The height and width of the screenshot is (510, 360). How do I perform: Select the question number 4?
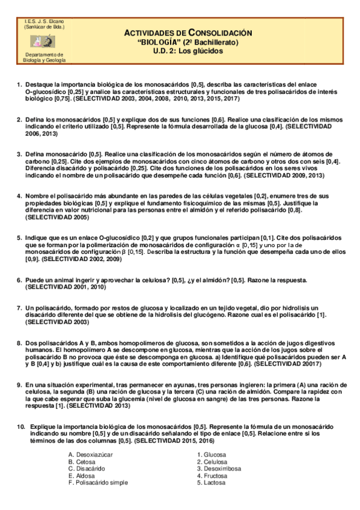(x=19, y=196)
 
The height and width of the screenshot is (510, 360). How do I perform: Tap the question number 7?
(x=19, y=308)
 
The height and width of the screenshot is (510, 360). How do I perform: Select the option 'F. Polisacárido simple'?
(x=98, y=483)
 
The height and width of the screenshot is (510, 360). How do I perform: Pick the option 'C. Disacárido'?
(x=87, y=469)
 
